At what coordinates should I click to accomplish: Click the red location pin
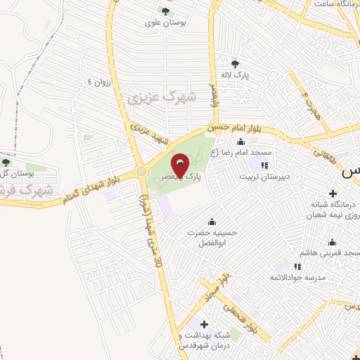tap(181, 166)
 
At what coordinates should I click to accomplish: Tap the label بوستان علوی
tap(164, 23)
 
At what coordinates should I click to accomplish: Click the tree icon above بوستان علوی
tap(165, 11)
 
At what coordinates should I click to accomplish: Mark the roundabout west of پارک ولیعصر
tap(141, 170)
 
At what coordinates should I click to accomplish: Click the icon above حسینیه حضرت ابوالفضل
tap(210, 221)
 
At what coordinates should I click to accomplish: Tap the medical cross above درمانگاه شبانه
tap(332, 193)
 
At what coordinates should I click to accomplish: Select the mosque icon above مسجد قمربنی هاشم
tap(333, 241)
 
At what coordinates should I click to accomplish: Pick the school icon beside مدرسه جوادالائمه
tap(297, 266)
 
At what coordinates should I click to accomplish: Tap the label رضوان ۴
tap(98, 82)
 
